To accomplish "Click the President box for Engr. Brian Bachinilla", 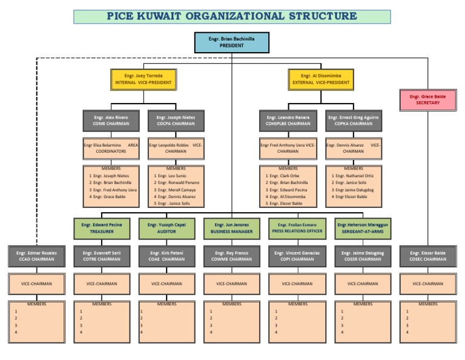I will click(231, 42).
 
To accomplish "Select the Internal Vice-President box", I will click(143, 79).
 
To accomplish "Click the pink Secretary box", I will click(428, 100).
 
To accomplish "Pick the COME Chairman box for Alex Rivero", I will click(111, 121).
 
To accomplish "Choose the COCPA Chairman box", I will click(176, 121).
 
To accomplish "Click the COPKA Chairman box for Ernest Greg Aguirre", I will click(353, 121).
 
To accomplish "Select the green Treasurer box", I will click(102, 228).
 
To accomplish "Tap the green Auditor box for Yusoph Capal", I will click(167, 228).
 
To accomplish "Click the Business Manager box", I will click(232, 228).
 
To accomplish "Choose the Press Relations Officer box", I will click(297, 228).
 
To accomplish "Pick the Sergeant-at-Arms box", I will click(363, 228).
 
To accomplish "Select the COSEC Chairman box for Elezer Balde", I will click(428, 256).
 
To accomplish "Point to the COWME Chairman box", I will click(232, 256).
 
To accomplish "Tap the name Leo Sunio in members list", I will click(176, 175).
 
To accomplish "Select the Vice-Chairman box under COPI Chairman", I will click(297, 283).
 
